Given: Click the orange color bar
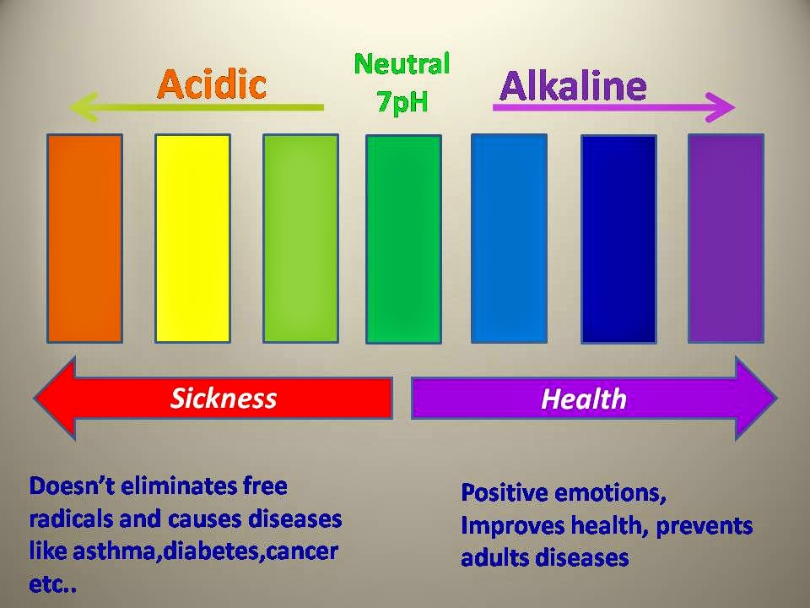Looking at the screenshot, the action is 84,238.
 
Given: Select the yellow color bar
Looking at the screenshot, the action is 192,238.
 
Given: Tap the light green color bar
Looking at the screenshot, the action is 300,238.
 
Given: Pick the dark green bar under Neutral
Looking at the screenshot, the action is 403,239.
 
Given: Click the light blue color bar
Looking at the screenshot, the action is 509,238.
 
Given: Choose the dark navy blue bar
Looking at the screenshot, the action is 618,239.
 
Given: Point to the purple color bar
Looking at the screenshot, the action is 726,238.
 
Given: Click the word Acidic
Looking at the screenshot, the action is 212,84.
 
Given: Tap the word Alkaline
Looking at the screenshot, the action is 573,85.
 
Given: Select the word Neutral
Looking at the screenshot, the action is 402,64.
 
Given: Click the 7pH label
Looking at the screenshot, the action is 402,100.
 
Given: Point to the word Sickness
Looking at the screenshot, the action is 224,398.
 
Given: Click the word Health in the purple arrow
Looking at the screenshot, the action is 584,399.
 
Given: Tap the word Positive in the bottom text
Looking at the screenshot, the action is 505,492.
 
